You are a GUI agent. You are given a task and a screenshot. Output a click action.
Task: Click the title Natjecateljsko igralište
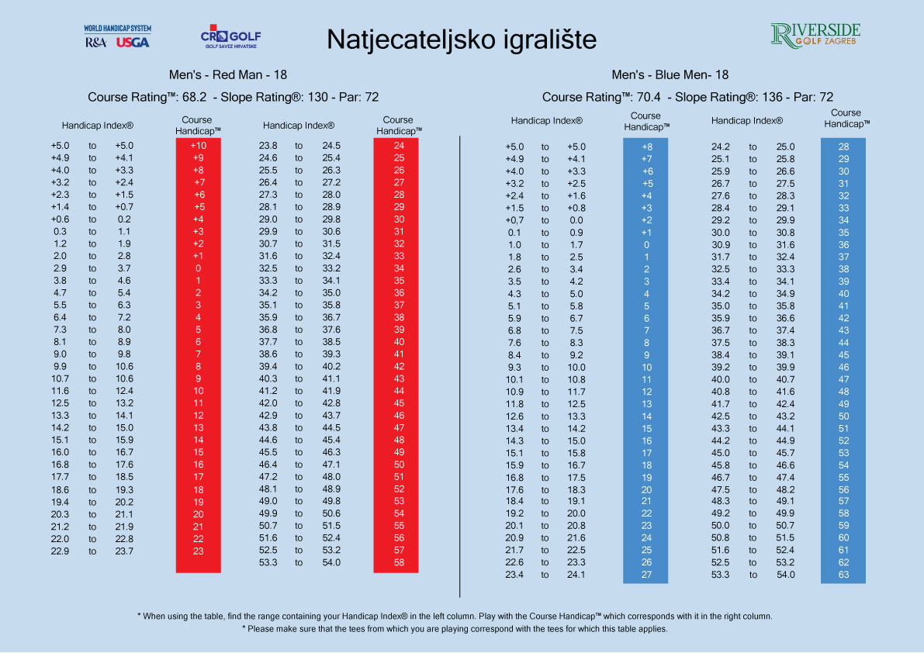click(462, 40)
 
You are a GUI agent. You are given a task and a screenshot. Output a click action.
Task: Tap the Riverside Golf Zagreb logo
click(815, 35)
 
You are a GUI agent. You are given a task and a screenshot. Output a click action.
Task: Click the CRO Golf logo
click(231, 37)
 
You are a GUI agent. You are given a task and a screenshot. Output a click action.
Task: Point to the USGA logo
click(133, 43)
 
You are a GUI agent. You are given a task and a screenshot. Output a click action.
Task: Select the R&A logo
click(97, 43)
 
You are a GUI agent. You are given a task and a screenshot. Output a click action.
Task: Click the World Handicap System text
click(118, 29)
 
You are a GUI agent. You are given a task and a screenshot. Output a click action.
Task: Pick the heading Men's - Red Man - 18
click(228, 75)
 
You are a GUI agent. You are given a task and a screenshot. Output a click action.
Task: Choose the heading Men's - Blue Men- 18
click(670, 75)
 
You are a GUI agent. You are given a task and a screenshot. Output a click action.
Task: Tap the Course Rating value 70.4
click(652, 98)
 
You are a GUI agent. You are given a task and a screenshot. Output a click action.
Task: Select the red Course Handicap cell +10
click(198, 145)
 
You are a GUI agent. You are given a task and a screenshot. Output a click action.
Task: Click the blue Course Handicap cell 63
click(843, 575)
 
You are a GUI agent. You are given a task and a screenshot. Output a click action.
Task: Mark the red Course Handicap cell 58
click(399, 562)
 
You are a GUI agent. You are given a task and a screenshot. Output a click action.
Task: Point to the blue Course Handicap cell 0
click(646, 245)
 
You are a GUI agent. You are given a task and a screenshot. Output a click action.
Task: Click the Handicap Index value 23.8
click(268, 145)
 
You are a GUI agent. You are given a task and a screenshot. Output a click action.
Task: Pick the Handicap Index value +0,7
click(516, 220)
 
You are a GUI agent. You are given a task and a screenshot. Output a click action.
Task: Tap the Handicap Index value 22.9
click(60, 551)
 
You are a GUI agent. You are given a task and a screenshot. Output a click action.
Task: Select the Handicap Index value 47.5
click(722, 489)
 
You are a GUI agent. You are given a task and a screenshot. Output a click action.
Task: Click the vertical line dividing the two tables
click(461, 357)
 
